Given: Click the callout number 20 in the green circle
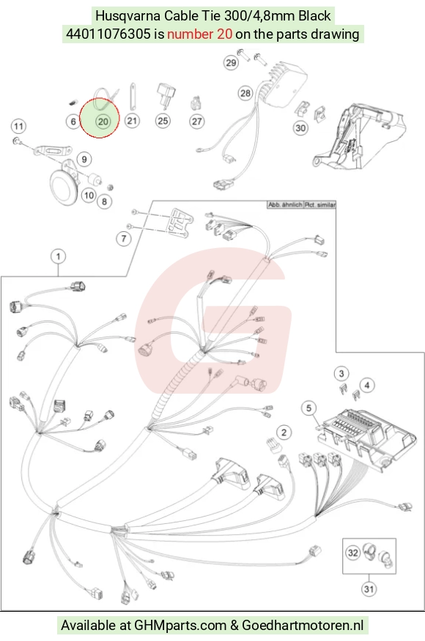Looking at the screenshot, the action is pos(103,121).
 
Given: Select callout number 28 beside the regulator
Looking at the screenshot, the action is pos(245,93).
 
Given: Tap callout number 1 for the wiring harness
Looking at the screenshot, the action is pos(58,257).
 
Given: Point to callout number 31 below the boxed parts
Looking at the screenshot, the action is pos(369,589).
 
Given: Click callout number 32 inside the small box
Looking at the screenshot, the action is pos(353,553).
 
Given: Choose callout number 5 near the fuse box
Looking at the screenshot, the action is pos(308,408).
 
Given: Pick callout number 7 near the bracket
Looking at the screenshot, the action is pos(124,239).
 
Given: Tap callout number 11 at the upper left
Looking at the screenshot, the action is pos(18,126).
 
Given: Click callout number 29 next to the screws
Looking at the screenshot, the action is pos(232,62).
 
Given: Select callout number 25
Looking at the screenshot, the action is pos(163,121).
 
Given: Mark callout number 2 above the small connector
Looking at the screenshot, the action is pos(284,432).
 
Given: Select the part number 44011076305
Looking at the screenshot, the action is pos(108,34).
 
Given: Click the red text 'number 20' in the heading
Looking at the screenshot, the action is pos(200,34).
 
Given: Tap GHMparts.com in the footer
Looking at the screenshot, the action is pos(180,625).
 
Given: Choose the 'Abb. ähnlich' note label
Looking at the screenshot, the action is pos(285,205).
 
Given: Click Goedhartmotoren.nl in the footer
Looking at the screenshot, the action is pos(303,625).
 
